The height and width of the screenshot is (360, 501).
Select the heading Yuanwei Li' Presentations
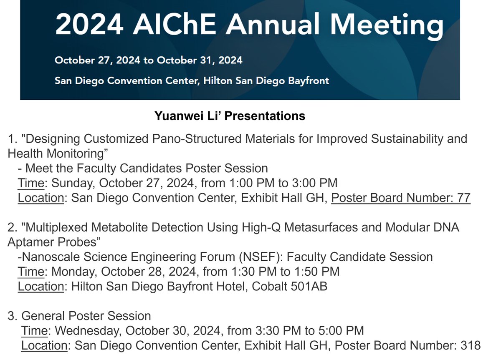click(230, 116)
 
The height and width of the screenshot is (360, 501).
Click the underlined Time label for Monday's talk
click(30, 272)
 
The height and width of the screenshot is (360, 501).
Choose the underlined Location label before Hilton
click(40, 287)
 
